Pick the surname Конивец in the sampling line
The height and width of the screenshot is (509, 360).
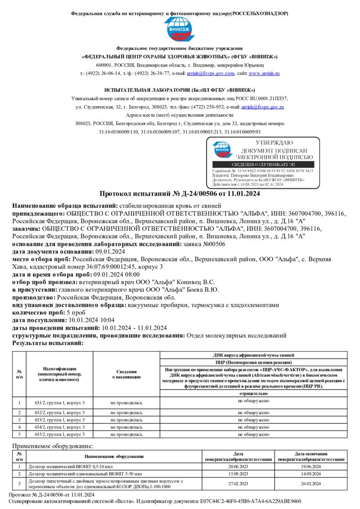tap(180, 282)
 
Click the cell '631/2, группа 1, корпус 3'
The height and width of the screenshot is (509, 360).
tap(60, 402)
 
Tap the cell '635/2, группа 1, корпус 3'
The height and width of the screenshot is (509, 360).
tap(60, 435)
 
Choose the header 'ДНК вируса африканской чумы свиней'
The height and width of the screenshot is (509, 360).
tap(253, 355)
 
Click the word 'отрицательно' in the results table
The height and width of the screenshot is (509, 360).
tap(253, 393)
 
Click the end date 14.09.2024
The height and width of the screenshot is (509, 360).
tap(310, 474)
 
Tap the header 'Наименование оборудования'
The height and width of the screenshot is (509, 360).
tap(114, 456)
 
